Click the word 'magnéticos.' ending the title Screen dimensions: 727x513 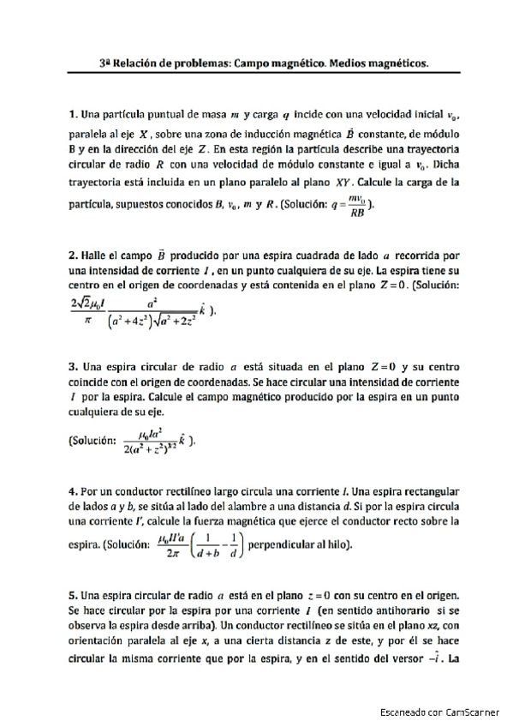391,63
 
